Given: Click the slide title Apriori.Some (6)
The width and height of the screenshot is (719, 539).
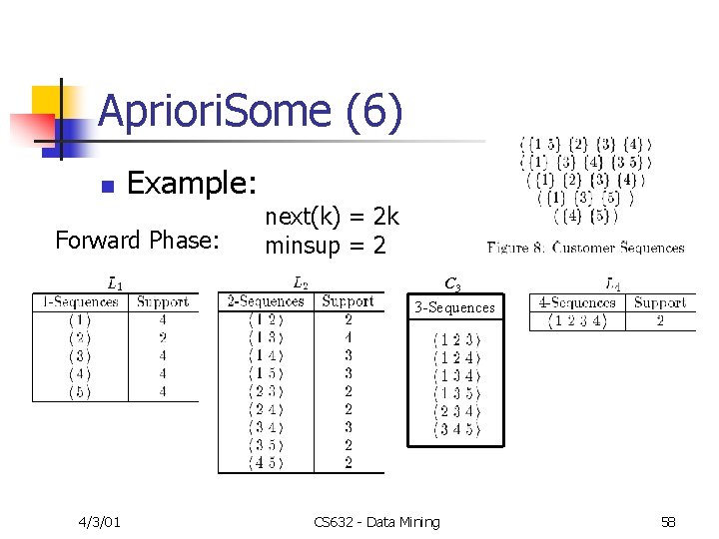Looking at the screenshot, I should point(251,112).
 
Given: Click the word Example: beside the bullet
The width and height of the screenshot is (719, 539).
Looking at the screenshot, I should point(192,184).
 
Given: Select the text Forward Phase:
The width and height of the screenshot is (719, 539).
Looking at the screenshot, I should point(137,241).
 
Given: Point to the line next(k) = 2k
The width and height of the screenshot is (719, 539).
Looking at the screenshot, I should point(332,217).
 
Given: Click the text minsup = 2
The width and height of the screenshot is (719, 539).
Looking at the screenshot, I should point(325,245).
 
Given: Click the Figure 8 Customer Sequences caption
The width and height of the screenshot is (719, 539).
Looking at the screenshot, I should point(585,248).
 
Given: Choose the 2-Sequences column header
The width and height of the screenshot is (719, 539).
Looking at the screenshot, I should point(265,300).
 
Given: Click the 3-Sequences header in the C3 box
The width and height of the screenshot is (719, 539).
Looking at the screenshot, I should point(454,307).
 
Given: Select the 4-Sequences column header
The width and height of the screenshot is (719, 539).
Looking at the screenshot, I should point(576,301).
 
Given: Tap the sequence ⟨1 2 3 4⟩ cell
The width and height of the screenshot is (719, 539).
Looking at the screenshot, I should point(576,320).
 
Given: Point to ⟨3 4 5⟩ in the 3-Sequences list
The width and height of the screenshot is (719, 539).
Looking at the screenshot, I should point(455,429).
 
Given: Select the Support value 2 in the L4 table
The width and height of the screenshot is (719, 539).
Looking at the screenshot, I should point(660,320).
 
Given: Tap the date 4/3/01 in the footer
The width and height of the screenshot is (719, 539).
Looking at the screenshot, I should point(100,522).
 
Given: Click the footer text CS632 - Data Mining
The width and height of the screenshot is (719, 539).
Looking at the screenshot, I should point(375,522).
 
